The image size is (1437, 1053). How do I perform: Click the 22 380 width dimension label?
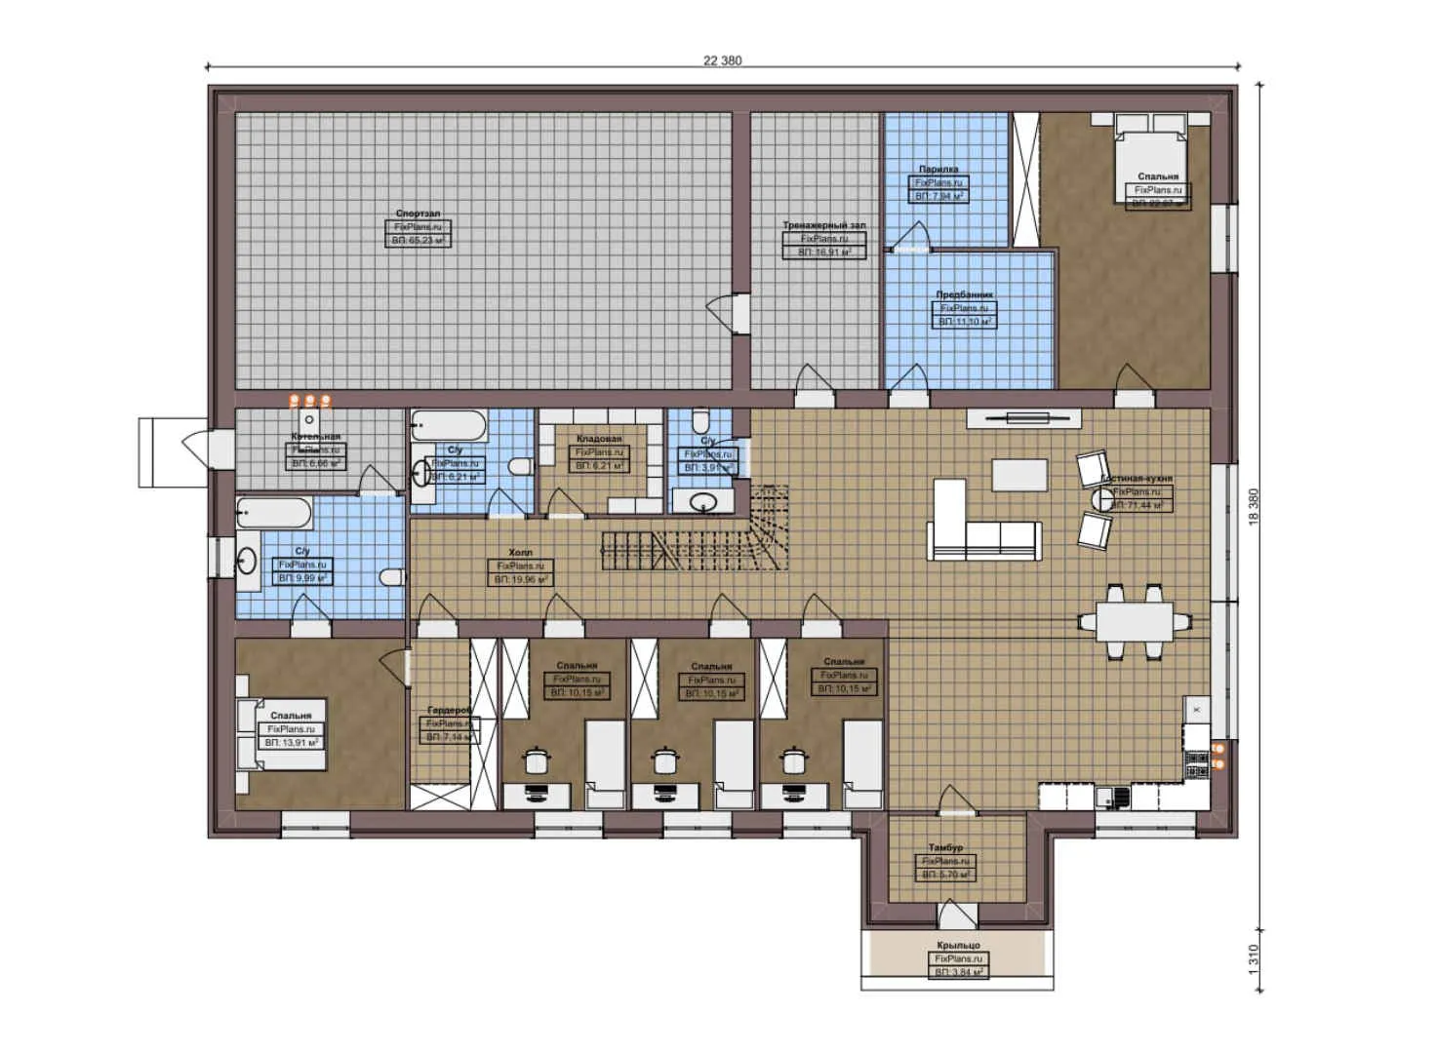(x=722, y=60)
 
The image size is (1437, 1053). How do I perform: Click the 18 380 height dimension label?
(x=1254, y=507)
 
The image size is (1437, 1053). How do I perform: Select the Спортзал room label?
(x=418, y=213)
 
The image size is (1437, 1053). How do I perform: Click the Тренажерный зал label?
(x=823, y=225)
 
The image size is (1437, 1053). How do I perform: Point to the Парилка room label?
(x=938, y=169)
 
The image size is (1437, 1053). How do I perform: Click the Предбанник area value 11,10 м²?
(x=964, y=321)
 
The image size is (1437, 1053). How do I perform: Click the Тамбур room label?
(x=945, y=847)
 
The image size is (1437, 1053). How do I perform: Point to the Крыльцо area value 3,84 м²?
(x=959, y=972)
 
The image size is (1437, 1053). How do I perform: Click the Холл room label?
(x=520, y=552)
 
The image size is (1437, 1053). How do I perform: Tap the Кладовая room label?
(x=598, y=439)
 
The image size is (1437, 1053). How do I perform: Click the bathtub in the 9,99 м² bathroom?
(x=274, y=512)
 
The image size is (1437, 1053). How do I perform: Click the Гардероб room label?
(x=449, y=711)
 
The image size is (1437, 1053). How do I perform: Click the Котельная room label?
(x=316, y=437)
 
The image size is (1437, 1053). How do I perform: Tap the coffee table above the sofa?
(x=1019, y=475)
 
